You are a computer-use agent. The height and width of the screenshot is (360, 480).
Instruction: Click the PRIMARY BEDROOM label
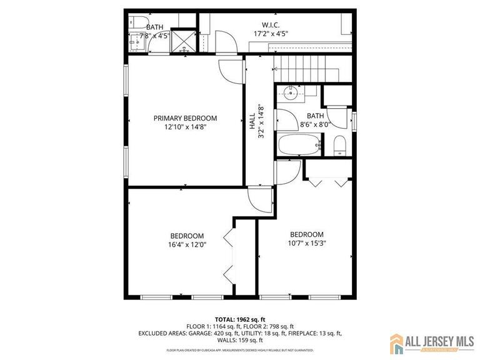click(185, 118)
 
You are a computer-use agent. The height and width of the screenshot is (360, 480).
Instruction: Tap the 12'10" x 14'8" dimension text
click(185, 127)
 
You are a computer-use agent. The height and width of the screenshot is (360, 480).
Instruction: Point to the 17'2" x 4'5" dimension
click(270, 34)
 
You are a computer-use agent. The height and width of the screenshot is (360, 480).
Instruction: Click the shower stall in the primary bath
click(182, 38)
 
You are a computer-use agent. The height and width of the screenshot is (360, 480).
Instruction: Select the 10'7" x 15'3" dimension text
click(306, 244)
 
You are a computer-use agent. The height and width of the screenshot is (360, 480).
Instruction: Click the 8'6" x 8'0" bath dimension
click(314, 124)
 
